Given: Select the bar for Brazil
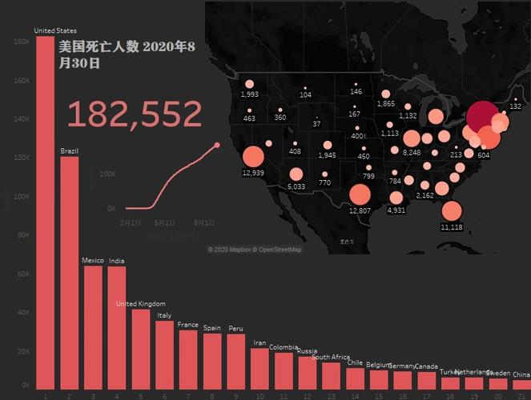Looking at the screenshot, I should pos(70,272).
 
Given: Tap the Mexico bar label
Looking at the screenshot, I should pos(93,260).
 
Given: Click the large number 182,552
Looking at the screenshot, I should pos(135,114).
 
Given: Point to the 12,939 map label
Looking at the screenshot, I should pos(252,173).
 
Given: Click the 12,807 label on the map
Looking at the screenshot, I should pos(360,210).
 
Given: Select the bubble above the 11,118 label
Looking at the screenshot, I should pos(452,211).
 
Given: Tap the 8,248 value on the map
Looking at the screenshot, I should pos(412,153).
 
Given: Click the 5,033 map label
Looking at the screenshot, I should pos(296,186).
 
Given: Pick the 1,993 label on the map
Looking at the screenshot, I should pos(249,94).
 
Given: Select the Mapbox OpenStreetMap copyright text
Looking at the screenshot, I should pos(255,250).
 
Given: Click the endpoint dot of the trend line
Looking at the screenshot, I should pos(217,145).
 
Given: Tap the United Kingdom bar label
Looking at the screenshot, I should pos(140,304).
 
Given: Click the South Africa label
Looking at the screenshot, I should pos(331,358).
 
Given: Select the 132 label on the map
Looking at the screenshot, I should pos(515,106).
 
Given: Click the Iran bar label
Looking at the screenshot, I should pos(259,343).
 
